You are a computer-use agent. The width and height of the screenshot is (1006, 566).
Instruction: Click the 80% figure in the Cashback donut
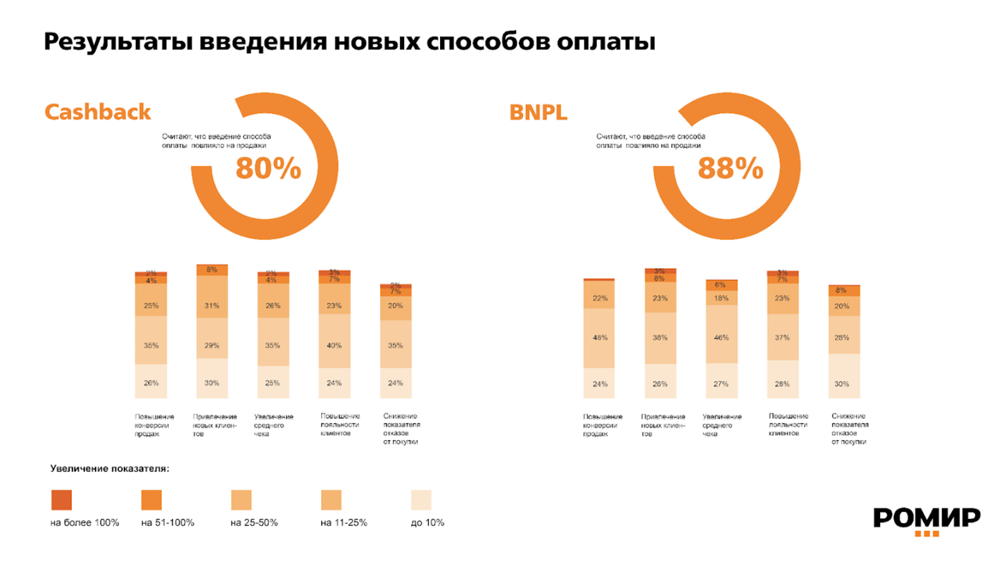pyautogui.click(x=268, y=168)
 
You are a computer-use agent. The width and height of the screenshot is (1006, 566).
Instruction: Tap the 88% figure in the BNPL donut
pyautogui.click(x=730, y=168)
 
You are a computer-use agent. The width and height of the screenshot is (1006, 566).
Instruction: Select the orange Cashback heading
pyautogui.click(x=98, y=112)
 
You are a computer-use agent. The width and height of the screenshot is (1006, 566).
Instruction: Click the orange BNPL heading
pyautogui.click(x=539, y=112)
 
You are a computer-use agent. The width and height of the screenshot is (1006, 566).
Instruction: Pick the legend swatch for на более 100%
pyautogui.click(x=61, y=500)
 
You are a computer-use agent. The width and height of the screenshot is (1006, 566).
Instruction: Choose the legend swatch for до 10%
pyautogui.click(x=421, y=500)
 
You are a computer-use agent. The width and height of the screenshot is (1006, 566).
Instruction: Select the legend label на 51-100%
pyautogui.click(x=168, y=523)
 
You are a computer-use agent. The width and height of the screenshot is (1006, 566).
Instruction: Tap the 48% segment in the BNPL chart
pyautogui.click(x=599, y=338)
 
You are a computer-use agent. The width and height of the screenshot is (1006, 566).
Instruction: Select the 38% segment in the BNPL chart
pyautogui.click(x=660, y=338)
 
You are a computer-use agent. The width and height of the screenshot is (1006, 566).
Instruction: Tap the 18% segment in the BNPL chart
pyautogui.click(x=721, y=298)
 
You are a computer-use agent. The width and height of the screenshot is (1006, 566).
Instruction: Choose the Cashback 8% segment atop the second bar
pyautogui.click(x=212, y=270)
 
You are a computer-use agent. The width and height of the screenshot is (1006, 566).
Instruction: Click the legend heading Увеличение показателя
pyautogui.click(x=110, y=468)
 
